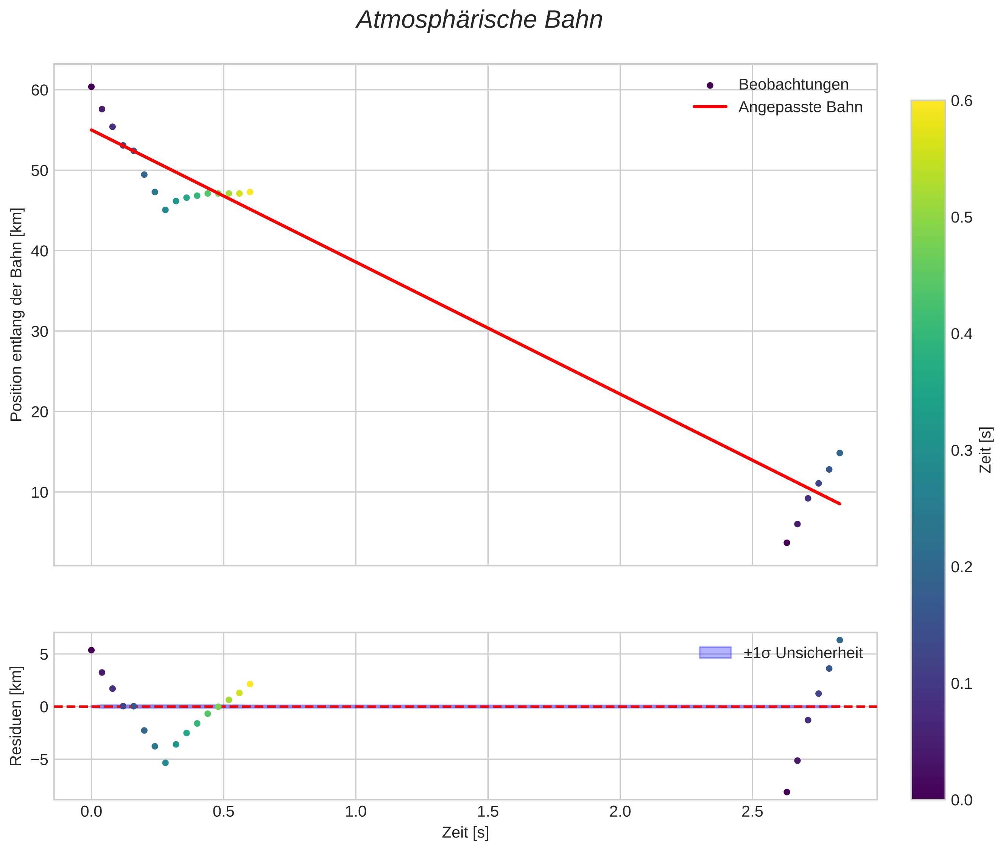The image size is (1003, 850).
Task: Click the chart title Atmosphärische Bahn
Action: point(479,20)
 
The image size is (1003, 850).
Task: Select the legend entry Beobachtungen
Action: point(793,84)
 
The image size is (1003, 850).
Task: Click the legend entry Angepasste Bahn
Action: point(800,107)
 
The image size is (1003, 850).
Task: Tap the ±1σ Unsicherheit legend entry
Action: point(802,653)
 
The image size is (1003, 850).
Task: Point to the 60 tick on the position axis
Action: point(39,90)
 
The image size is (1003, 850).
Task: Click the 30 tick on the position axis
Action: point(39,332)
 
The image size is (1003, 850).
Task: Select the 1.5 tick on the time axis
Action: point(488,812)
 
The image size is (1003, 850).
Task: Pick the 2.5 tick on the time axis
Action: point(752,812)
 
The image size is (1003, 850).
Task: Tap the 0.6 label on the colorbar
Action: point(961,101)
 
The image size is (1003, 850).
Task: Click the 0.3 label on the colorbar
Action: point(961,450)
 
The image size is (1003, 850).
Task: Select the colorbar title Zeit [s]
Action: point(986,450)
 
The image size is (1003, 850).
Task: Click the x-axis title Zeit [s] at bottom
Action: point(465,832)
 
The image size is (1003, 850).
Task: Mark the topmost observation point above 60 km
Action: point(91,87)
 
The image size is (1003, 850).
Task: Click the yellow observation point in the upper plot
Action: point(250,192)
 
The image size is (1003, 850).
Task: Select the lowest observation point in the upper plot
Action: point(787,543)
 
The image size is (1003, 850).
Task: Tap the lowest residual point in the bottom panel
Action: point(787,792)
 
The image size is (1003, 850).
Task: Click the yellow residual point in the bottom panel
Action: point(250,684)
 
